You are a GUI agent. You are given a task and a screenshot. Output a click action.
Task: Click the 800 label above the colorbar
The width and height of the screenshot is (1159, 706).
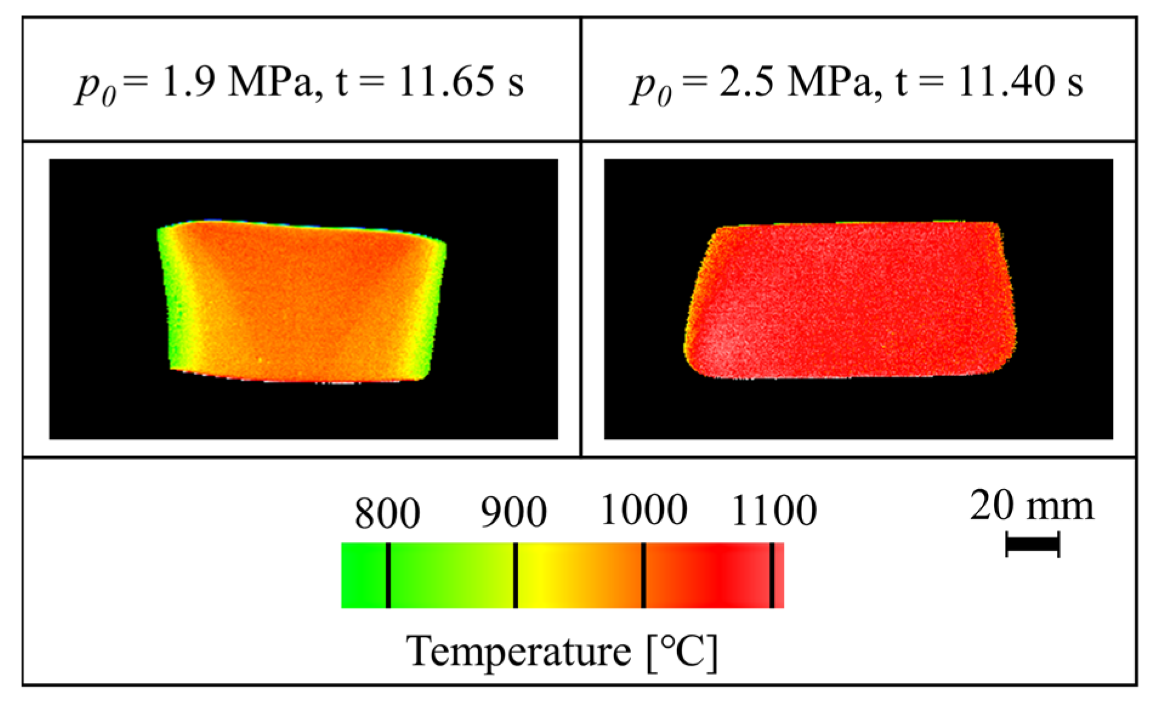387,513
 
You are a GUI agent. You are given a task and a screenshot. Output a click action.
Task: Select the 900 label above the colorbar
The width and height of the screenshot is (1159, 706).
513,512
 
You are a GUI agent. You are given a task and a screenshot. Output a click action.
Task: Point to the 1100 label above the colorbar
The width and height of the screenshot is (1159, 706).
774,511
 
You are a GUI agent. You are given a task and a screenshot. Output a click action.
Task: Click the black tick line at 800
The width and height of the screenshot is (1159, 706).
388,575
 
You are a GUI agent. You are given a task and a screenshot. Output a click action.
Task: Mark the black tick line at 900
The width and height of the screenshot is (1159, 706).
515,575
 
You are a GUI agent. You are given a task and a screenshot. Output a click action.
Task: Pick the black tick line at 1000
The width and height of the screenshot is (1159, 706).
644,575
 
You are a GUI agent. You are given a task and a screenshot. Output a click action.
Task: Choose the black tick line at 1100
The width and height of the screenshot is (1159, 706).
772,575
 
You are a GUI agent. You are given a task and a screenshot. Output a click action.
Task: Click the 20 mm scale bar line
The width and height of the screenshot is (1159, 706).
1032,543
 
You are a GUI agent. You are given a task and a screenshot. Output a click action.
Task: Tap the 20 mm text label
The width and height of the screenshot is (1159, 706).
1032,505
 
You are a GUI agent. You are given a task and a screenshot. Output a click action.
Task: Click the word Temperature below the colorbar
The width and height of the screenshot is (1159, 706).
519,651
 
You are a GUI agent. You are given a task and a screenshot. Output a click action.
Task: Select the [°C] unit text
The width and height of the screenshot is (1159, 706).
682,653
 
